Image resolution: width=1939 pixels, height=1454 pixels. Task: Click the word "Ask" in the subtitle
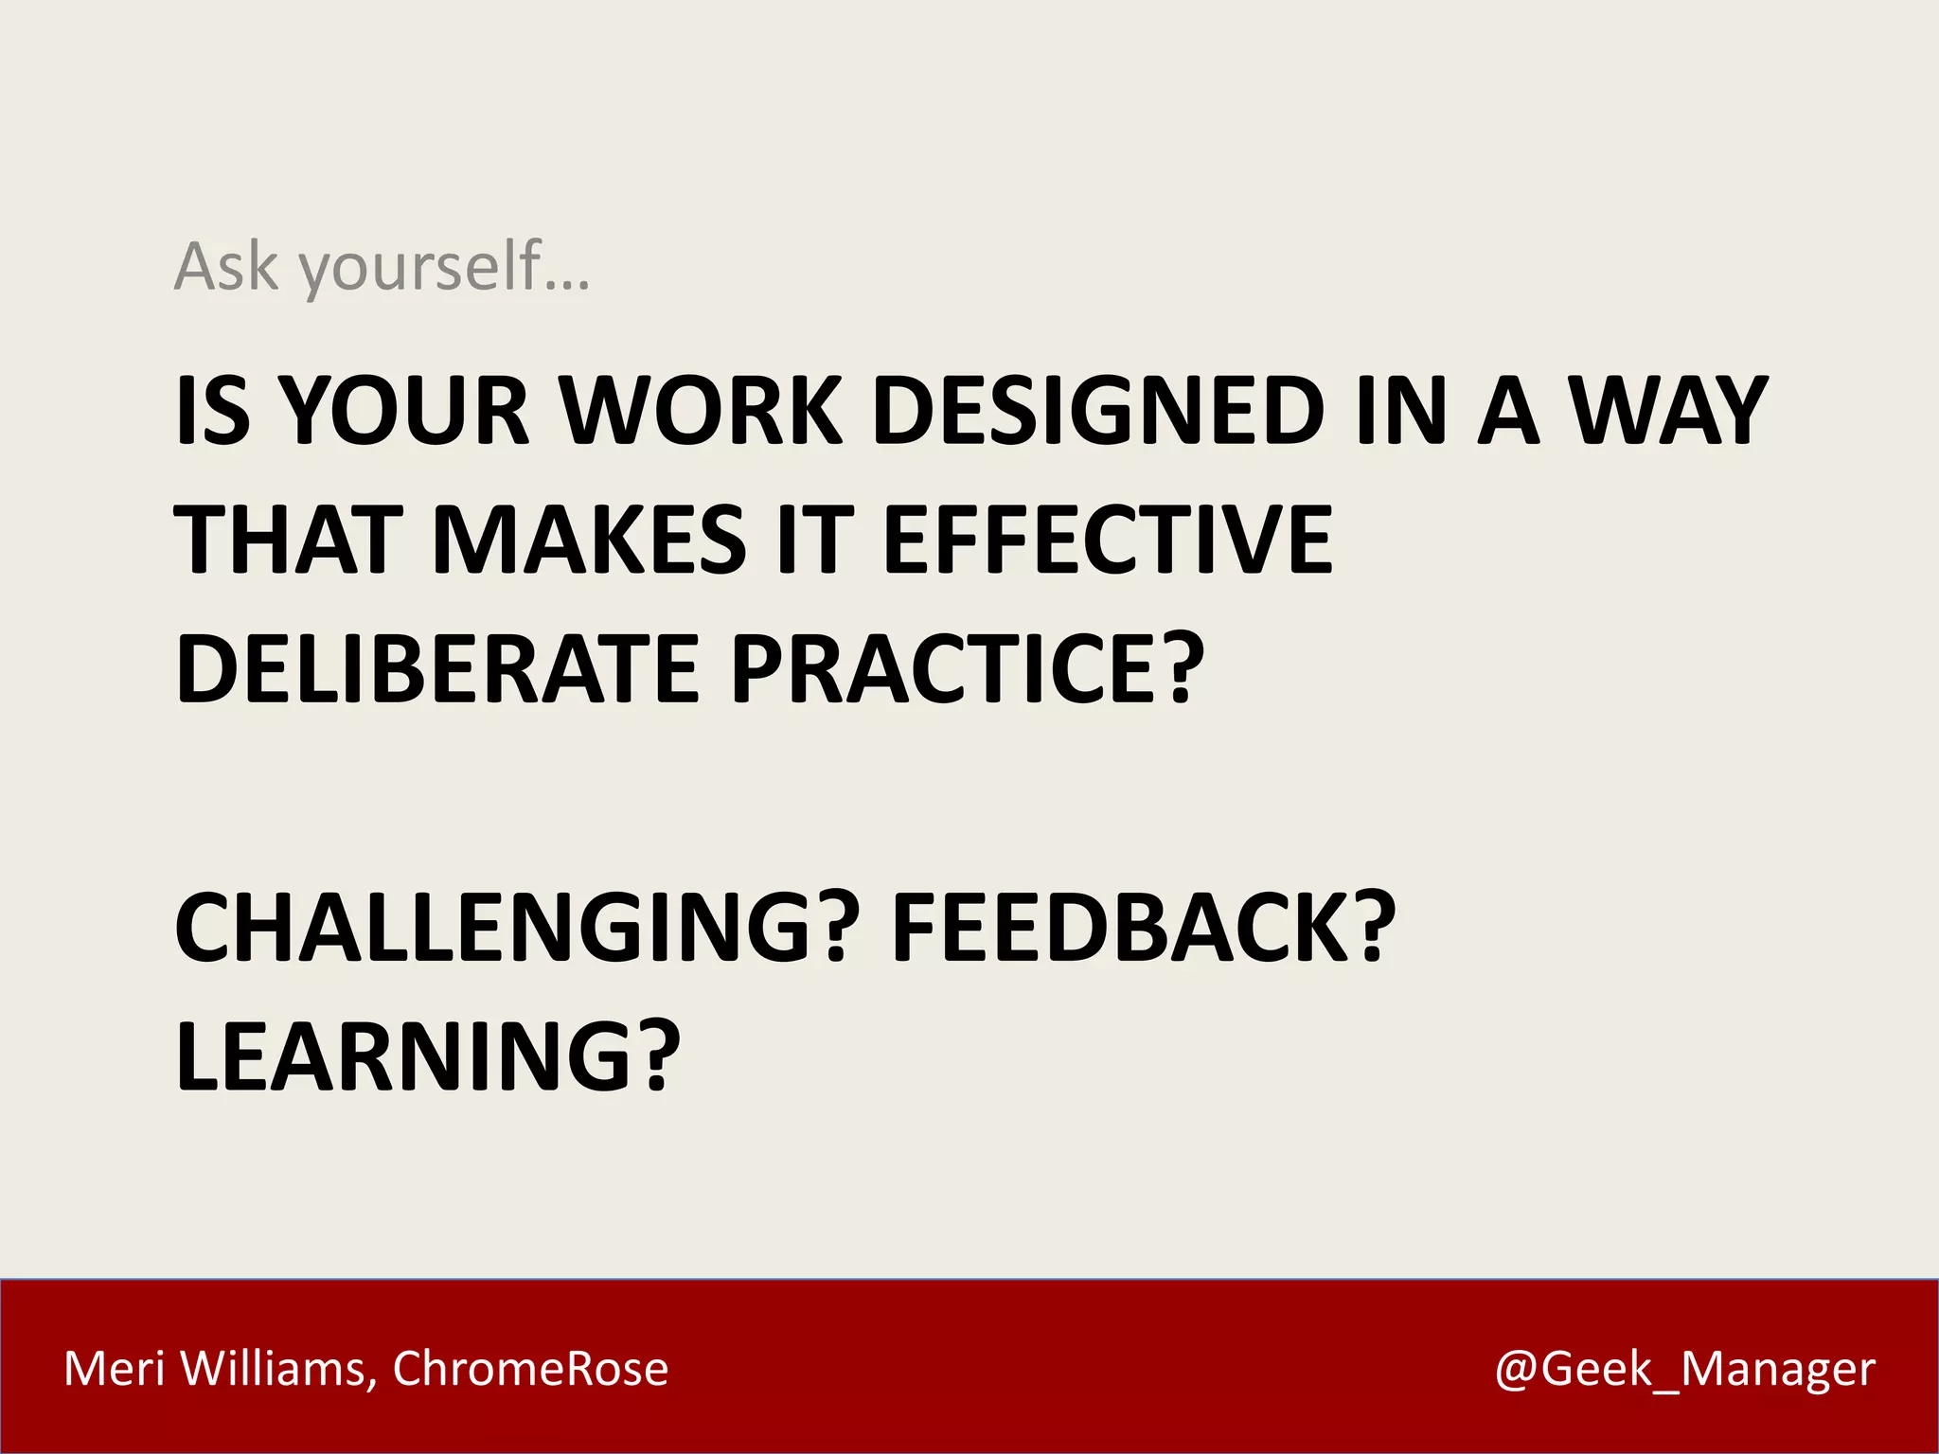tap(226, 267)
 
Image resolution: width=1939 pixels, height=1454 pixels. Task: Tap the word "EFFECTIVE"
tap(1107, 540)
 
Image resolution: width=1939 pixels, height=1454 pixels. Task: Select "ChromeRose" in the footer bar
tap(530, 1369)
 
